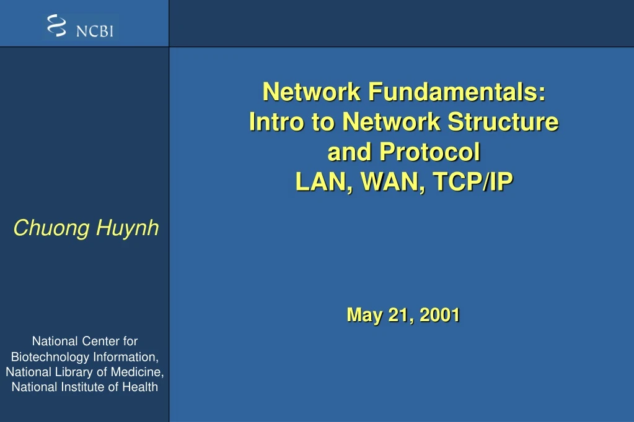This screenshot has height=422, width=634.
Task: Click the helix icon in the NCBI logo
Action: click(56, 25)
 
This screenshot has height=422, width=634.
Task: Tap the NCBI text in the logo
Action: click(95, 30)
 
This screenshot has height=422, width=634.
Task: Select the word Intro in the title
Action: click(276, 122)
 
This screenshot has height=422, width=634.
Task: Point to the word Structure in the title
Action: click(503, 122)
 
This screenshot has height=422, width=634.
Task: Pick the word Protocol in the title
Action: click(429, 152)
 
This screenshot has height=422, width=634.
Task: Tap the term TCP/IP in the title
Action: click(473, 182)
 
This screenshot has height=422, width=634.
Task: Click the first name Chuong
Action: click(51, 228)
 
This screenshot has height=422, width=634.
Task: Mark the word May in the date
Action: click(364, 315)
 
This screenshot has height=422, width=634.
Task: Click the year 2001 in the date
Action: click(439, 315)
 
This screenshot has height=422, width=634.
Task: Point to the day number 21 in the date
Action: click(399, 315)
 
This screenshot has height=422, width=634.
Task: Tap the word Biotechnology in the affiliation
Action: click(50, 357)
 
